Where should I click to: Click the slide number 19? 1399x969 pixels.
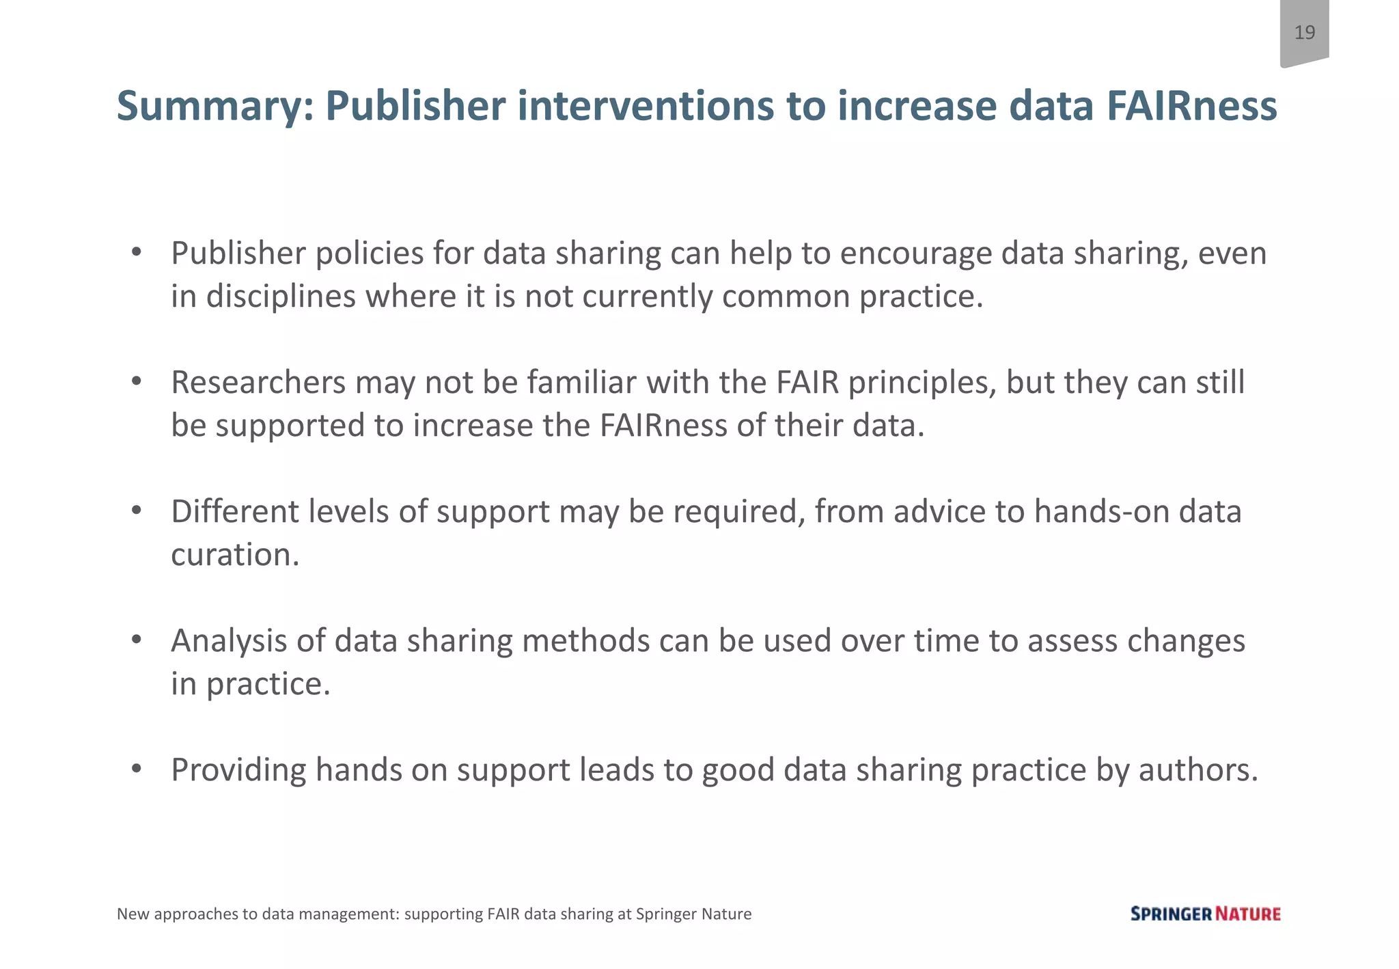click(x=1304, y=32)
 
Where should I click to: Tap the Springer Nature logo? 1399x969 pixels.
click(x=1205, y=914)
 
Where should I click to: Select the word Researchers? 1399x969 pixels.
click(x=258, y=383)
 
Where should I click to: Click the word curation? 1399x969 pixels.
click(x=235, y=555)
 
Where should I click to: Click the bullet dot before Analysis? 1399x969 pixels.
click(x=137, y=640)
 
